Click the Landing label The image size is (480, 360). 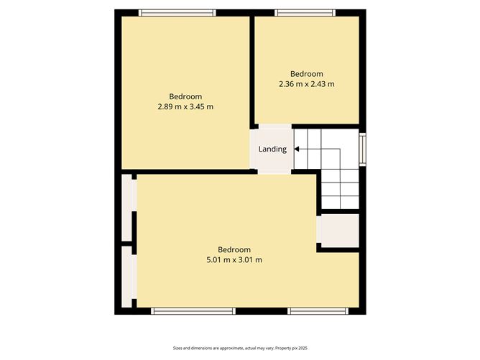click(272, 149)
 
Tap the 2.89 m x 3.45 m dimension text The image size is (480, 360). click(185, 106)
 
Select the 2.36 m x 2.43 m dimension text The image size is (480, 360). click(306, 84)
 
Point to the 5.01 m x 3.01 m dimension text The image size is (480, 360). click(234, 259)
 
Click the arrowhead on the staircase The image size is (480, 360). click(297, 149)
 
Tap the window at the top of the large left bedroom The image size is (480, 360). click(177, 12)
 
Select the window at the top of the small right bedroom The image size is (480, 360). click(305, 12)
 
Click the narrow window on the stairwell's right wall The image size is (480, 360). click(363, 149)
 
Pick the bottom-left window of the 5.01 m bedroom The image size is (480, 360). click(193, 311)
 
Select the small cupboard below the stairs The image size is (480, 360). click(338, 231)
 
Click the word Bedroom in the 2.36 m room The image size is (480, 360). click(306, 74)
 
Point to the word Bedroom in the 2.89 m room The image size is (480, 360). click(185, 97)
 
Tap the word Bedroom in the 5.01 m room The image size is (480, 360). click(234, 250)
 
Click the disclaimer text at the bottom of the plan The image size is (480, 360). click(239, 348)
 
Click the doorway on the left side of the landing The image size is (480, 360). click(253, 149)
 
